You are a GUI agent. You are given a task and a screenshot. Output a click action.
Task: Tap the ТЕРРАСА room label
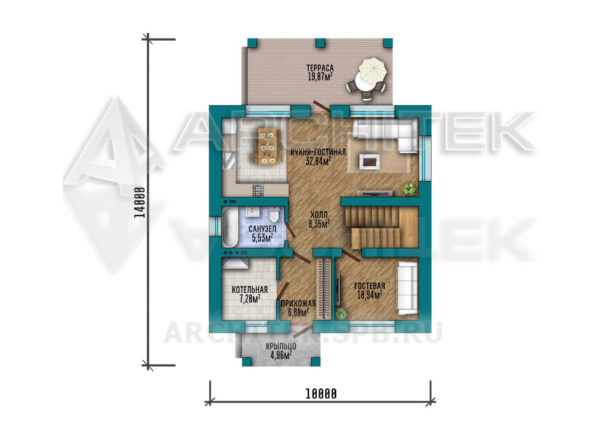[x=320, y=68]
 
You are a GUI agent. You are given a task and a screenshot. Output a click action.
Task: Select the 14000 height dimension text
[x=139, y=203]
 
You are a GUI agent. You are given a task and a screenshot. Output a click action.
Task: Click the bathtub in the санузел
[x=230, y=227]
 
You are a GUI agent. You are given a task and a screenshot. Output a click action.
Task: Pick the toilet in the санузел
[x=274, y=215]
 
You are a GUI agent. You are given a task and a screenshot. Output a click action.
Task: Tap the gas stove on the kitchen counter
[x=258, y=190]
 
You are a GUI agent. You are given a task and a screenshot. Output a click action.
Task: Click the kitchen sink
[x=229, y=160]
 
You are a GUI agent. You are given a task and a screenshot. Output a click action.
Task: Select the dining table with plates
[x=268, y=146]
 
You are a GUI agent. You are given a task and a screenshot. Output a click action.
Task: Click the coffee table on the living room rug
[x=370, y=162]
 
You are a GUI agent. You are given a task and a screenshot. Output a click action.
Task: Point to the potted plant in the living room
[x=409, y=190]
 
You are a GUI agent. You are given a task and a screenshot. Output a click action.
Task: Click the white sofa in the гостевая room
[x=407, y=288]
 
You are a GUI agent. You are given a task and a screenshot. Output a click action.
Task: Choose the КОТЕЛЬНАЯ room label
[x=249, y=290]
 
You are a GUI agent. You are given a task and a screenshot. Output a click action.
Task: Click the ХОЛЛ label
[x=319, y=215]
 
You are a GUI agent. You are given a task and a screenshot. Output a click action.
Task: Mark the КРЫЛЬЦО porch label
[x=281, y=346]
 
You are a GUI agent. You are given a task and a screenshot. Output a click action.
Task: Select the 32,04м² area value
[x=319, y=161]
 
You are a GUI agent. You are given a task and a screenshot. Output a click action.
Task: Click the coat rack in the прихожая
[x=324, y=289]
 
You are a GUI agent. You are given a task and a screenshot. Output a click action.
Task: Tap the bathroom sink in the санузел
[x=253, y=212]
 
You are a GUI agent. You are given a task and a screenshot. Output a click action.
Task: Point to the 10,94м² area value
[x=370, y=295]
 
